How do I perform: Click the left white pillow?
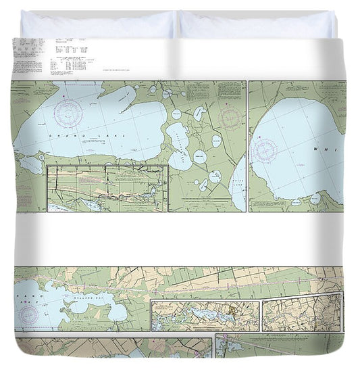click(97, 25)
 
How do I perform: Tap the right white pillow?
click(257, 25)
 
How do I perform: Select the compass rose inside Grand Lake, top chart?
click(69, 113)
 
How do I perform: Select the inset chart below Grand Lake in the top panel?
click(107, 188)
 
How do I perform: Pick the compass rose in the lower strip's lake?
click(29, 312)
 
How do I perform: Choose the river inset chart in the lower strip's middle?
click(205, 315)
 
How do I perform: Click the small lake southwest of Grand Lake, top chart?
click(30, 164)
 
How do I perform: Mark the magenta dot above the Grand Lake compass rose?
click(69, 98)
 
